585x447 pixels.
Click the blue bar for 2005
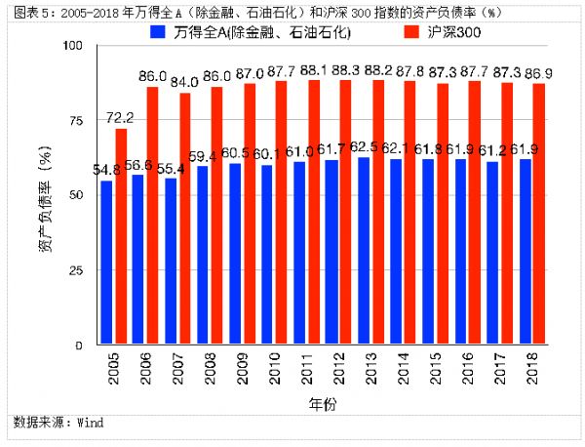106,264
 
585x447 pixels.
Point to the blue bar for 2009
234,255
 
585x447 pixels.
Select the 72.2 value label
121,119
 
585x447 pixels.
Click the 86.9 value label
537,74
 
